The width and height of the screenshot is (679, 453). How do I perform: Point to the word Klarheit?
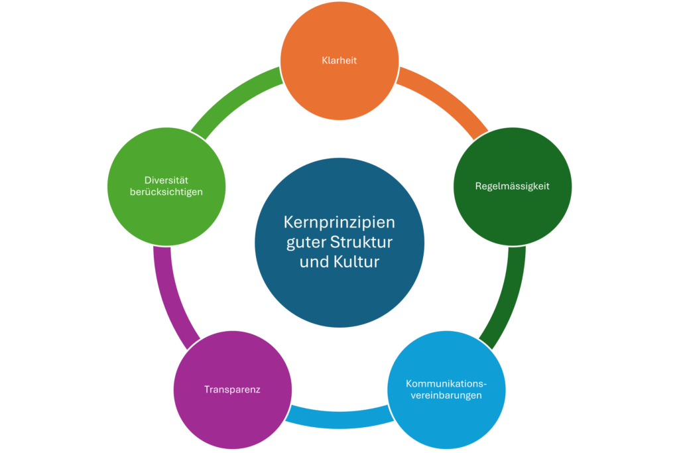pyautogui.click(x=339, y=60)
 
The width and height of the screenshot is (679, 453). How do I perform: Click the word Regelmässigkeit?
pyautogui.click(x=512, y=186)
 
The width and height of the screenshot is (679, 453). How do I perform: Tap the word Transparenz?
pyautogui.click(x=232, y=389)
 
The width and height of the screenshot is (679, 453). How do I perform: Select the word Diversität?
pyautogui.click(x=166, y=180)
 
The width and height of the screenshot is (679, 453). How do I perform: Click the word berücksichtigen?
pyautogui.click(x=166, y=192)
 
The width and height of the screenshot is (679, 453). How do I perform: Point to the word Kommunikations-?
pyautogui.click(x=446, y=383)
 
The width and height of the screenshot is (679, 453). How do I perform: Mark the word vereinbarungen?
pyautogui.click(x=446, y=395)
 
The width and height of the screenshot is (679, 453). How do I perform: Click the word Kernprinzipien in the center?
pyautogui.click(x=339, y=222)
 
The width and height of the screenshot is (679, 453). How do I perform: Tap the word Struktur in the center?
pyautogui.click(x=364, y=241)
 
